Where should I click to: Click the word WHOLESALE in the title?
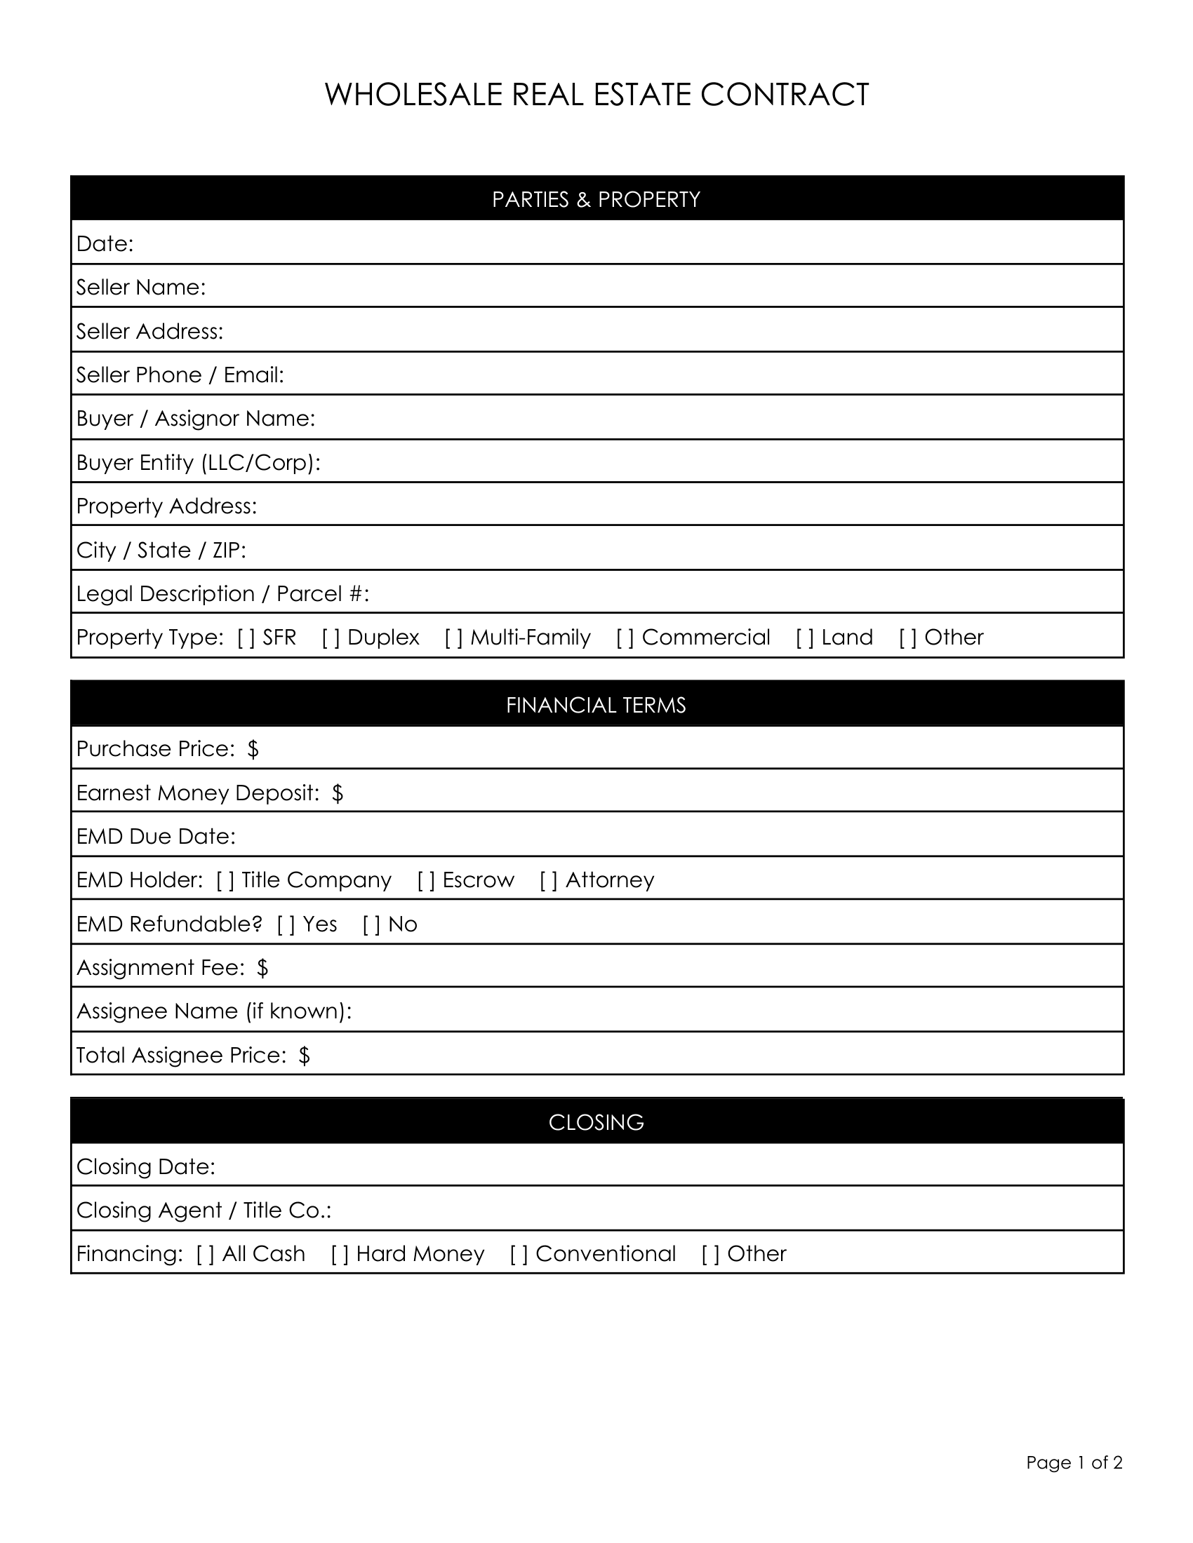point(413,95)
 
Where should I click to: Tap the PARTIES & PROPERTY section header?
point(596,199)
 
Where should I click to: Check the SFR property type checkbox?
point(246,638)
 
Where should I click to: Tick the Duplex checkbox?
point(331,638)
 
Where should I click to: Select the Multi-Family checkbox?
point(454,638)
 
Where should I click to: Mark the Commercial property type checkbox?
point(625,638)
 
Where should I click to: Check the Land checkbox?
point(805,638)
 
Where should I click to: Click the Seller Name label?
point(140,288)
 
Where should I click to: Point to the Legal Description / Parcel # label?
point(222,594)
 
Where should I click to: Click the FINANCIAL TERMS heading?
point(596,705)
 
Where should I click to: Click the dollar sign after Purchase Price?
point(253,749)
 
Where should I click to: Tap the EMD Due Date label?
point(156,837)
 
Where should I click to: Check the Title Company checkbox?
point(225,880)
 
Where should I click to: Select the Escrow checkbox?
point(426,880)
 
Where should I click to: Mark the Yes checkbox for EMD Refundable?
point(286,924)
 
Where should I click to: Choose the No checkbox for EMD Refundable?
point(372,924)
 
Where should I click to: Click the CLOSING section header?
point(596,1123)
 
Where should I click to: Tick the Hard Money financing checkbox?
point(340,1254)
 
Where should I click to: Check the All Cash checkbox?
point(206,1254)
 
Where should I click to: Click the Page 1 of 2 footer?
point(1074,1462)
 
